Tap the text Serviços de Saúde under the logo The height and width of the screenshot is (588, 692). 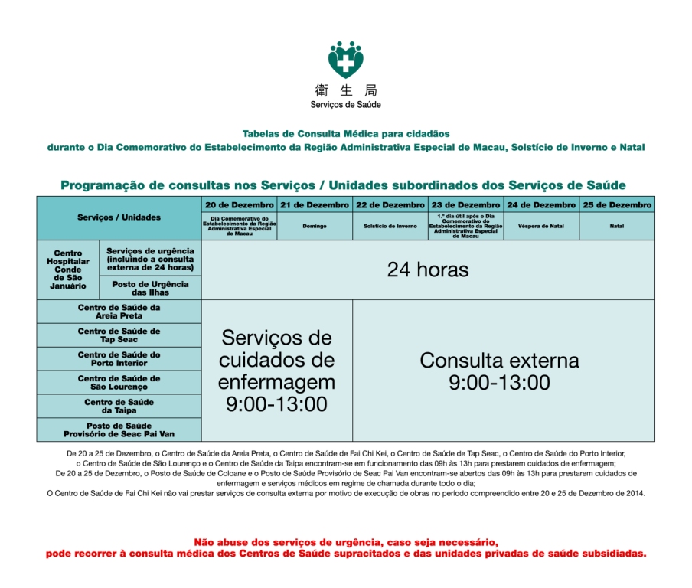[346, 105]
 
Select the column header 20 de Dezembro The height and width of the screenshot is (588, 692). [240, 205]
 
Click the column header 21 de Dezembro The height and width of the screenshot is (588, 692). [315, 205]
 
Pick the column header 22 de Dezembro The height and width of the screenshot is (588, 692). [390, 205]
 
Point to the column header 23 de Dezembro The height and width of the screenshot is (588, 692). [465, 205]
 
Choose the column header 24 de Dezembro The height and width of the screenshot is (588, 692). [541, 205]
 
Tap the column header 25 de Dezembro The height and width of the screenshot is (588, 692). [617, 205]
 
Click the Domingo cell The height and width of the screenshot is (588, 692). [315, 227]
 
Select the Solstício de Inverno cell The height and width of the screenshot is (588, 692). [390, 227]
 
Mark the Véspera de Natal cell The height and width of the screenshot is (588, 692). [541, 227]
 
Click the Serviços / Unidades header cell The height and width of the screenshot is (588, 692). [119, 217]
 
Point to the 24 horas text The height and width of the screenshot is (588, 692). [427, 269]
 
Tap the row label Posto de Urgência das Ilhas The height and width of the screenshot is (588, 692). [151, 288]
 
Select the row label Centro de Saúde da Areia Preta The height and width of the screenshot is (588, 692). [119, 312]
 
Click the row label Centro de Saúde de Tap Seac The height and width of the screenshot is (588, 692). [119, 335]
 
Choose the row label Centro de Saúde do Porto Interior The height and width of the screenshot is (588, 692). [119, 359]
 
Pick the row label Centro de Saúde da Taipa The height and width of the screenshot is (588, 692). [119, 407]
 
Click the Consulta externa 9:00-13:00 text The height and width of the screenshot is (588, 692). [499, 371]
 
